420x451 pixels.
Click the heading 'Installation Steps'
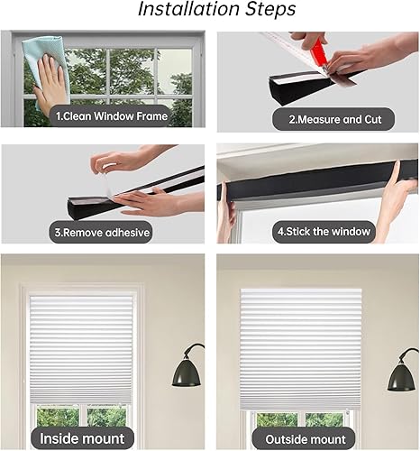point(210,12)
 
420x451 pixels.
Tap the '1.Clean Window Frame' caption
point(105,117)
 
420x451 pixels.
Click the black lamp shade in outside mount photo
point(404,376)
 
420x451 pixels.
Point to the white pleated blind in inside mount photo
point(81,347)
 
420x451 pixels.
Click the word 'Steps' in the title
point(264,12)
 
